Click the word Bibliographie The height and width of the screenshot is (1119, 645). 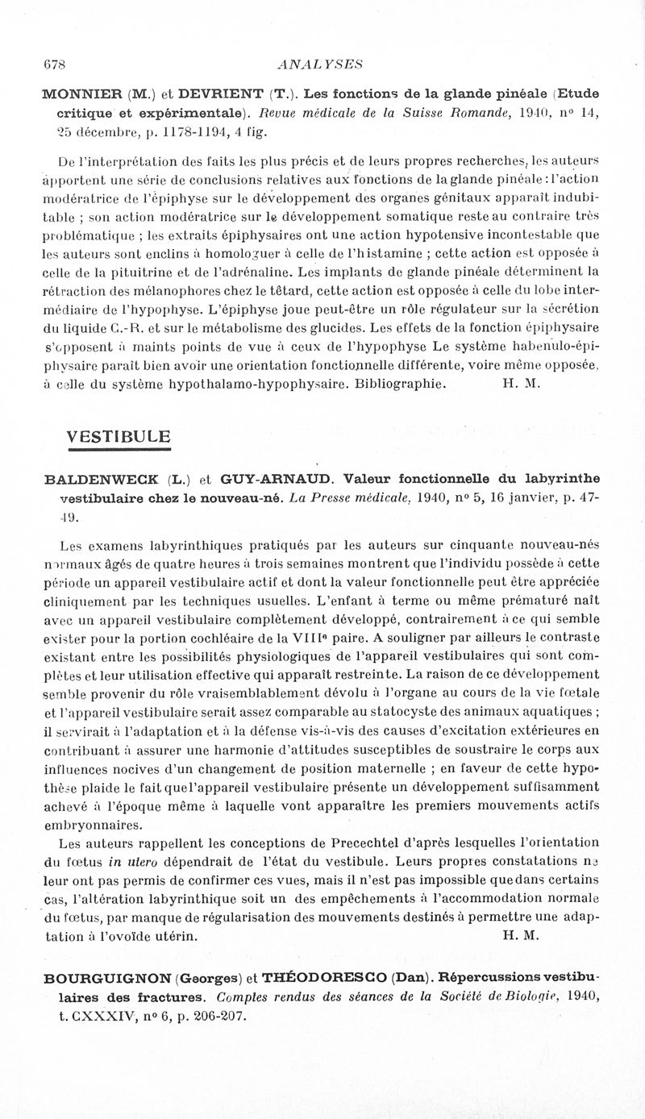401,385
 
